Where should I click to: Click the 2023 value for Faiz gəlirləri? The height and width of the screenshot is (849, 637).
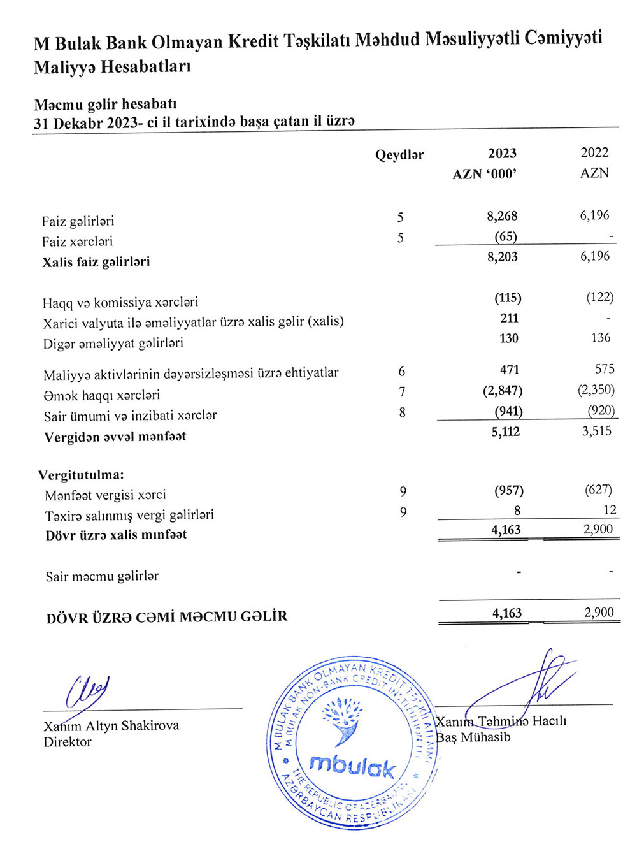click(502, 216)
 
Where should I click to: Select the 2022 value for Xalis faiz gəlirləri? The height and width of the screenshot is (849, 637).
click(594, 256)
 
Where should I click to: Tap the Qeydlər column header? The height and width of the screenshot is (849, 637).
click(399, 155)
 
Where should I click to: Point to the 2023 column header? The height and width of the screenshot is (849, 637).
click(502, 153)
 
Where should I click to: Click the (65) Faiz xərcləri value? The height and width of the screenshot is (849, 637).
click(506, 236)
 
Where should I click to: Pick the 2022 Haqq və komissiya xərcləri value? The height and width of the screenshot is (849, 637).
click(599, 297)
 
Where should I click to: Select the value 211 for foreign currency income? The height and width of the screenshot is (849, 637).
click(510, 317)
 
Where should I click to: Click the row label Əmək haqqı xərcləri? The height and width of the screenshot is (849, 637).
click(102, 395)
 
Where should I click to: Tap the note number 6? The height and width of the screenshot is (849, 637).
click(401, 371)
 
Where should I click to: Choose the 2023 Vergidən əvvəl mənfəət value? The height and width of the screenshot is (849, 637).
click(506, 432)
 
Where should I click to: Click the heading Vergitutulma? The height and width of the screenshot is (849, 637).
click(81, 475)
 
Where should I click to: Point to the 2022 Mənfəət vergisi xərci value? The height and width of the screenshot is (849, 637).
click(598, 490)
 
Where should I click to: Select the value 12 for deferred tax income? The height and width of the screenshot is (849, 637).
click(610, 509)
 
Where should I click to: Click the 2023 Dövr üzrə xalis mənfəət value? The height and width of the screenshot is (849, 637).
click(506, 530)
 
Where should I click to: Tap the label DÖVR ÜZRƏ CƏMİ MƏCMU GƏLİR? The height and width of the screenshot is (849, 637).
click(167, 617)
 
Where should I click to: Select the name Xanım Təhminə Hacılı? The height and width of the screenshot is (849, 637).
click(501, 722)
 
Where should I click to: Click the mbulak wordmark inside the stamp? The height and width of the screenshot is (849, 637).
click(352, 766)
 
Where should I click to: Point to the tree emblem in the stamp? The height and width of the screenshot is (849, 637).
click(342, 719)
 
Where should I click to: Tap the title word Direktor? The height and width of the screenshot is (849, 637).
click(68, 742)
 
